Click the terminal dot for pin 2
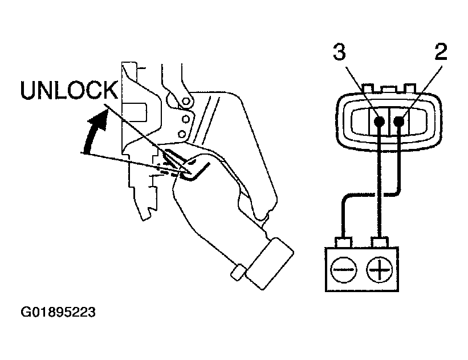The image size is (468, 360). pyautogui.click(x=400, y=121)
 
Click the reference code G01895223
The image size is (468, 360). pyautogui.click(x=58, y=313)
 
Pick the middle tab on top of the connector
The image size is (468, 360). pyautogui.click(x=389, y=88)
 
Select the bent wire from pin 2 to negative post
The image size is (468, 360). pyautogui.click(x=365, y=195)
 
